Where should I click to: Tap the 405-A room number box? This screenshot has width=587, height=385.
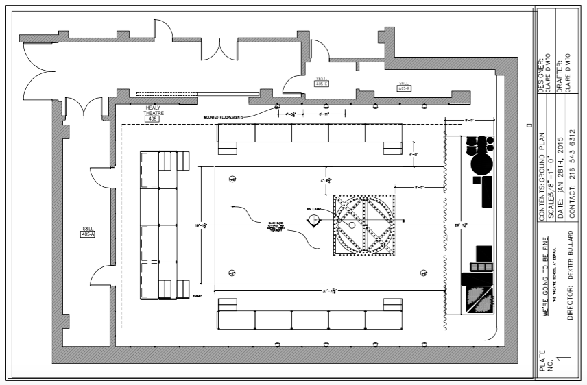click(87, 234)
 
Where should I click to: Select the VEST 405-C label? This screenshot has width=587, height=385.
click(322, 81)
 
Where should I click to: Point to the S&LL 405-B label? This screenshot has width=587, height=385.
click(403, 86)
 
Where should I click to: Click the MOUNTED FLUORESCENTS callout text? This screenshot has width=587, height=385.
click(224, 117)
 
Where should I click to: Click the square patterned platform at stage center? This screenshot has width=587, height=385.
click(365, 225)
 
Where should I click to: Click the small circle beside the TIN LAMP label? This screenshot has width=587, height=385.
click(314, 219)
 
